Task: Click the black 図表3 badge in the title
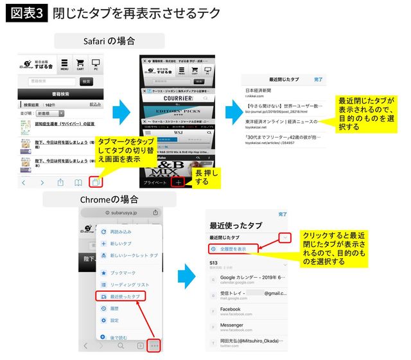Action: [x=28, y=14]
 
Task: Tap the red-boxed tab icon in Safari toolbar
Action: [x=96, y=182]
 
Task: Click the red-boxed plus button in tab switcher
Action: [x=178, y=182]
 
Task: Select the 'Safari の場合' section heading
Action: [x=109, y=40]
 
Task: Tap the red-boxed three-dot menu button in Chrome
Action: [x=155, y=346]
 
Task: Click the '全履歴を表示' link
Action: [x=235, y=248]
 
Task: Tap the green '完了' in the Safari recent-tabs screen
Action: [x=318, y=79]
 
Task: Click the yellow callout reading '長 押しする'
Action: [x=207, y=177]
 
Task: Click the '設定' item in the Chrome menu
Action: [x=114, y=320]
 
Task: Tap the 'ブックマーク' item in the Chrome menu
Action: [x=122, y=273]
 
